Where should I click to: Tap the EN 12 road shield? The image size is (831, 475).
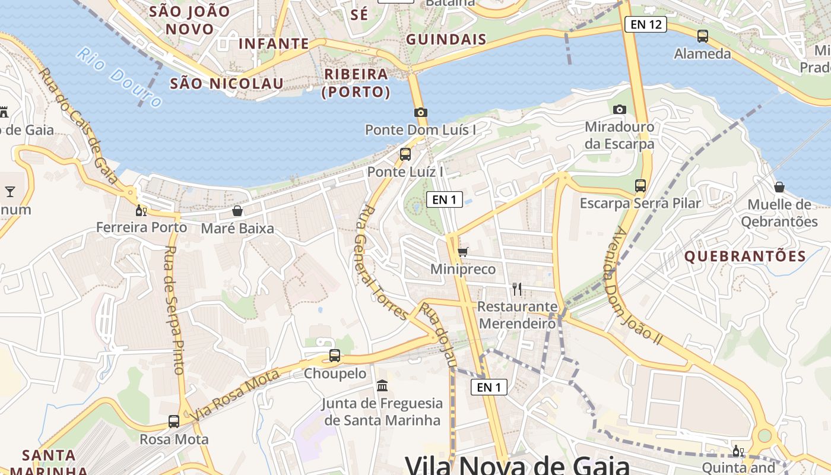coord(646,24)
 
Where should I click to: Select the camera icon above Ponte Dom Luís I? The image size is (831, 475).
coord(420,112)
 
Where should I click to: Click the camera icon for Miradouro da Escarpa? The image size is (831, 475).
coord(619,109)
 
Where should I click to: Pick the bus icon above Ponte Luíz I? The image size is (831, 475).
coord(405,154)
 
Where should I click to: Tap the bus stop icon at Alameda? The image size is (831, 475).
coord(703,36)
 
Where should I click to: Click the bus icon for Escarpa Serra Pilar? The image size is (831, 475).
coord(640,185)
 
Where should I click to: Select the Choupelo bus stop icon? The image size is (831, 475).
coord(335,356)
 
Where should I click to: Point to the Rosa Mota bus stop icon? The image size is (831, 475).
coord(173,422)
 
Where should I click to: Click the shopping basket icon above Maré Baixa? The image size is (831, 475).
coord(237,211)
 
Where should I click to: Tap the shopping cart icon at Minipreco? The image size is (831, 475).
coord(463,252)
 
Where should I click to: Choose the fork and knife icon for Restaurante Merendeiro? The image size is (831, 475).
coord(517,289)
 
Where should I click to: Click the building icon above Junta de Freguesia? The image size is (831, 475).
coord(382,386)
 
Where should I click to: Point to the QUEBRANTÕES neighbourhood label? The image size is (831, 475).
coord(745,256)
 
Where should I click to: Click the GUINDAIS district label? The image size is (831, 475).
coord(446,40)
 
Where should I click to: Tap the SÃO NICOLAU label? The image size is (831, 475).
coord(227,84)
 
